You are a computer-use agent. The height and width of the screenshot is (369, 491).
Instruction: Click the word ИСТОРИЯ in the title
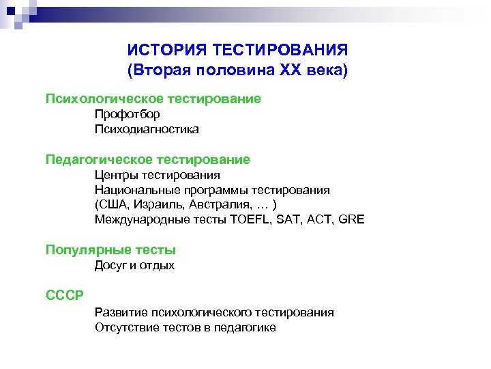(x=167, y=50)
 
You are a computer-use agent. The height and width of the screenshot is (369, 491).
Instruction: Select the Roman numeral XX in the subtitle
(x=291, y=69)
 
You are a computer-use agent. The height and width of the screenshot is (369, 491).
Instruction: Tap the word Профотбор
(x=127, y=114)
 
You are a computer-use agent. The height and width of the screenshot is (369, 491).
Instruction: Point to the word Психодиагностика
(x=147, y=129)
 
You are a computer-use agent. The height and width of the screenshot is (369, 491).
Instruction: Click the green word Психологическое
(x=104, y=99)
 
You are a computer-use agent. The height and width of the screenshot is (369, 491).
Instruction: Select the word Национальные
(x=137, y=190)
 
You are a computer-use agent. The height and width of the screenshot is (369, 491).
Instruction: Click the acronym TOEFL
(x=250, y=219)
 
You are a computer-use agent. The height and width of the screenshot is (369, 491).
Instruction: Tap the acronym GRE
(x=351, y=219)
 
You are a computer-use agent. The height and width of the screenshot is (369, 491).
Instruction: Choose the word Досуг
(x=111, y=265)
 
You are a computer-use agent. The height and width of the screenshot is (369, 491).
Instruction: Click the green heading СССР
(x=65, y=295)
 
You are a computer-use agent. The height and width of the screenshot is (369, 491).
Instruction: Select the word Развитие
(x=121, y=312)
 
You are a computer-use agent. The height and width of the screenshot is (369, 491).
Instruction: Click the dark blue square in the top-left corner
(x=11, y=11)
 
